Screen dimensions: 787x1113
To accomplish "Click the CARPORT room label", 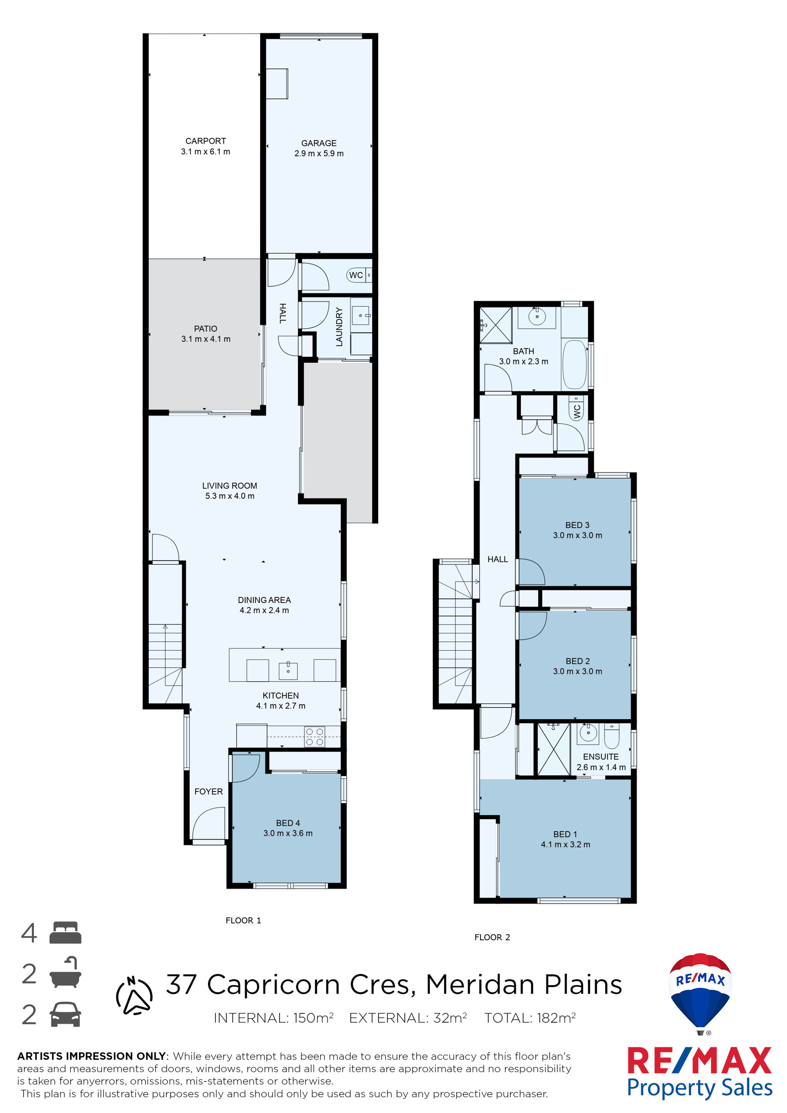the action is [205, 141].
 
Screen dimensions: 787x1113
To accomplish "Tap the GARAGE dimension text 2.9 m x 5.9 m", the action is [319, 153].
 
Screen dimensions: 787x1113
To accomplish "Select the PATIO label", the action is [205, 329].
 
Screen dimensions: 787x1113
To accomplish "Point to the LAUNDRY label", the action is [339, 327].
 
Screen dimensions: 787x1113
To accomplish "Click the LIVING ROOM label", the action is [230, 486].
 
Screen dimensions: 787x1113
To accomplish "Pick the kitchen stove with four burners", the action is [315, 737].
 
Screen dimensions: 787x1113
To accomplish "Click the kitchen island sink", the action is [288, 670].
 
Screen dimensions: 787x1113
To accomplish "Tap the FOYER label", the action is [209, 791].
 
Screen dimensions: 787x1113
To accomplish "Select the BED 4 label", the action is [288, 823].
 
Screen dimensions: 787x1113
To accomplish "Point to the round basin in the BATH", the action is [537, 317].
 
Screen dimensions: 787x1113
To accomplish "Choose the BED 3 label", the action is [577, 525].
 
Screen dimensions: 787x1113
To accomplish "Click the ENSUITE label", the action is [601, 757].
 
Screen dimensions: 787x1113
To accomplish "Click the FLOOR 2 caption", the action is [492, 937].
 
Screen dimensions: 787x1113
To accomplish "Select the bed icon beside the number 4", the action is [65, 933].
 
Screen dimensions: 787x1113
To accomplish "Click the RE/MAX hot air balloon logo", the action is [700, 994].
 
